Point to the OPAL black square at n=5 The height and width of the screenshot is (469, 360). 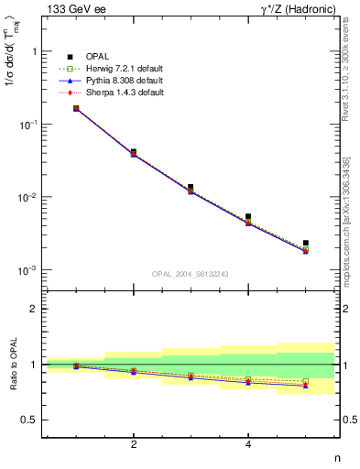305,243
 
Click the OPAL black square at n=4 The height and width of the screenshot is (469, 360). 248,217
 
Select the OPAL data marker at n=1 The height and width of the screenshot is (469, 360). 76,108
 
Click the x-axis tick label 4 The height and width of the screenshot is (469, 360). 248,444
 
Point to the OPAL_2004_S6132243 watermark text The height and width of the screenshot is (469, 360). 190,274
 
